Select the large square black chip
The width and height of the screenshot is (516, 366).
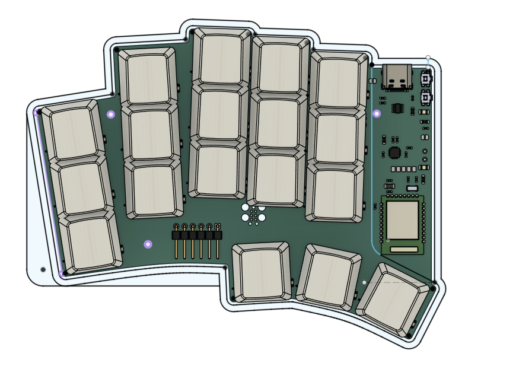coord(394,152)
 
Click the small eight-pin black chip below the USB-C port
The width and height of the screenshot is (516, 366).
coord(396,108)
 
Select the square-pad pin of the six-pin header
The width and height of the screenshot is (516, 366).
coord(218,226)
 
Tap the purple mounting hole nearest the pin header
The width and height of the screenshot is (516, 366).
coord(148,244)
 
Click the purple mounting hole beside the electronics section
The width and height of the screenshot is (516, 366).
coord(377,113)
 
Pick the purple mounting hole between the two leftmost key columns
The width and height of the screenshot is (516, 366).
coord(110,114)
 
